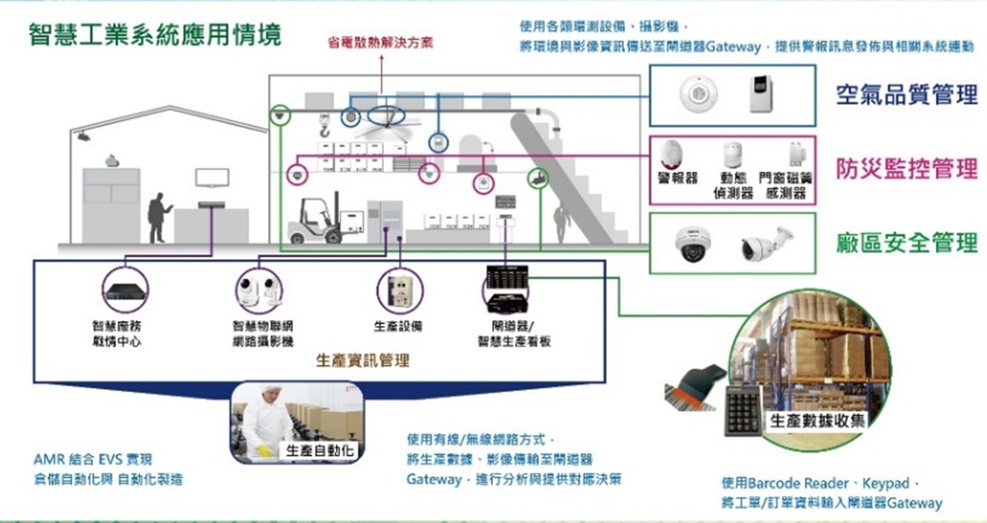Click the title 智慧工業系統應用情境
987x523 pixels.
(155, 35)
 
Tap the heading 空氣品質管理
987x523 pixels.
(907, 95)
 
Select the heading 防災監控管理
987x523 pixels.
(907, 168)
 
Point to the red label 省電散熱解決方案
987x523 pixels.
(380, 43)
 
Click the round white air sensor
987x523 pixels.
(695, 95)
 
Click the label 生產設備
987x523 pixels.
(398, 326)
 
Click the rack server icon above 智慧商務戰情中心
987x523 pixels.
(125, 290)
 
